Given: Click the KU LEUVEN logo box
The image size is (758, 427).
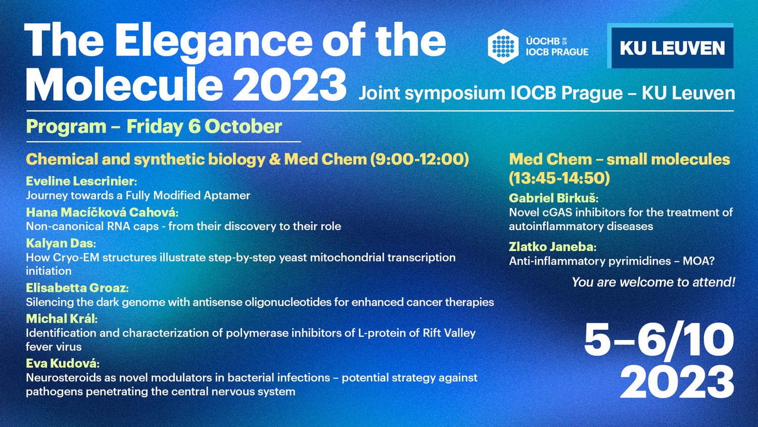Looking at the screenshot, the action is pos(671,46).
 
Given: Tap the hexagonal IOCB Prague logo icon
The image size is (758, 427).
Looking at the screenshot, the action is pos(503,47).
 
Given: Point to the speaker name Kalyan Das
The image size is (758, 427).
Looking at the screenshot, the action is pos(61,243).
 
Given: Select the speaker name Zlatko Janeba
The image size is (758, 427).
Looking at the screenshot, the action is pos(553,247).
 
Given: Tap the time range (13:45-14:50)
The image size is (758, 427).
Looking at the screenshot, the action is pos(559,178).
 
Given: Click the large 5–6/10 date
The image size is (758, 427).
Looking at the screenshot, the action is pos(659,339).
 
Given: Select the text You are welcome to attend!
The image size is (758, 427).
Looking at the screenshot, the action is pos(653,282).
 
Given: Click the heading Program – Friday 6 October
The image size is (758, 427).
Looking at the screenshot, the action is pos(154,126).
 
